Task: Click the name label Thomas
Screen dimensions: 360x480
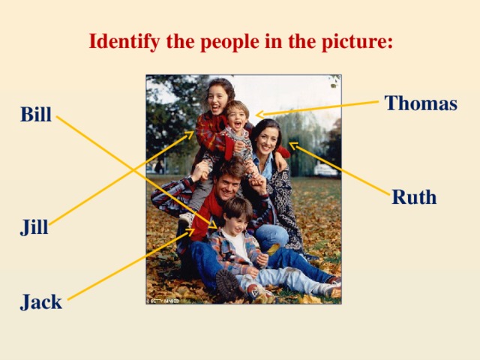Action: (x=420, y=103)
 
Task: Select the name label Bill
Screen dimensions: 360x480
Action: (x=36, y=115)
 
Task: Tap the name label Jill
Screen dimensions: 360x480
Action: (x=34, y=227)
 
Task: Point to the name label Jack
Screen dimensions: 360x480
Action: (x=41, y=302)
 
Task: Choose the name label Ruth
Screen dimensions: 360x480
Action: (x=414, y=197)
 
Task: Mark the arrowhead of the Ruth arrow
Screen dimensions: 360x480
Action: (x=291, y=144)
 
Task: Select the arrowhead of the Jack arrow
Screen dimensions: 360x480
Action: (x=193, y=232)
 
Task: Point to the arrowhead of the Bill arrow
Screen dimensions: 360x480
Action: (x=215, y=226)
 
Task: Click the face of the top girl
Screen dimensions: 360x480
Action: (x=217, y=98)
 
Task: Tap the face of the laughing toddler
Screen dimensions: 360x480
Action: (x=238, y=117)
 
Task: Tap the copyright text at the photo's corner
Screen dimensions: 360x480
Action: (x=163, y=300)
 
